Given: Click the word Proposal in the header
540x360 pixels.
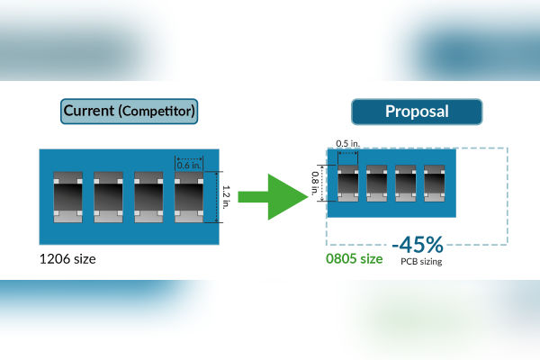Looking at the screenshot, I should (x=416, y=112).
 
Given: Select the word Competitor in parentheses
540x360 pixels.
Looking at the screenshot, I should (x=158, y=112).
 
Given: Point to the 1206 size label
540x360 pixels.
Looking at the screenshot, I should (x=67, y=259).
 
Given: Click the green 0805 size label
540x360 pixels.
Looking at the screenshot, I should (x=354, y=259).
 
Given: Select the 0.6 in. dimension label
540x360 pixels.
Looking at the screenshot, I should (x=188, y=164).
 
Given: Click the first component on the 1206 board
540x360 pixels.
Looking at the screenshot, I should (x=67, y=197).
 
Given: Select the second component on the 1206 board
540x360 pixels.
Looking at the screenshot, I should (x=107, y=197).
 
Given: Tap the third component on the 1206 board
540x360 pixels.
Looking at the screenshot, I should (x=148, y=197).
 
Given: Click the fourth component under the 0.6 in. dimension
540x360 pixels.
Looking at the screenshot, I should (x=188, y=197).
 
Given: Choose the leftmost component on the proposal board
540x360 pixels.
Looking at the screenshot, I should (x=348, y=183).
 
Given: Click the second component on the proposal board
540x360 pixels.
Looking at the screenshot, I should (x=377, y=183).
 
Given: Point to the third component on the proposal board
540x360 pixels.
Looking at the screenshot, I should (x=406, y=183).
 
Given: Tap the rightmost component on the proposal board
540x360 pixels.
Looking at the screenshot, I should (x=435, y=183).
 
